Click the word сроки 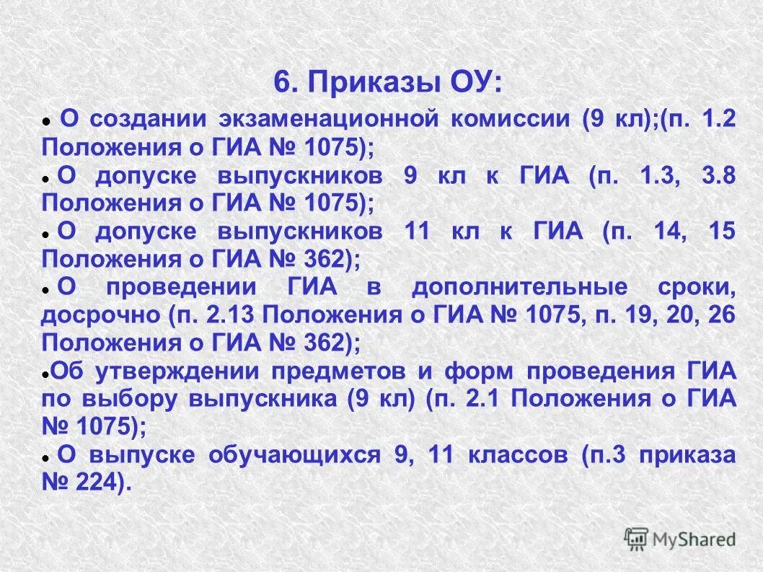(696, 287)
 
